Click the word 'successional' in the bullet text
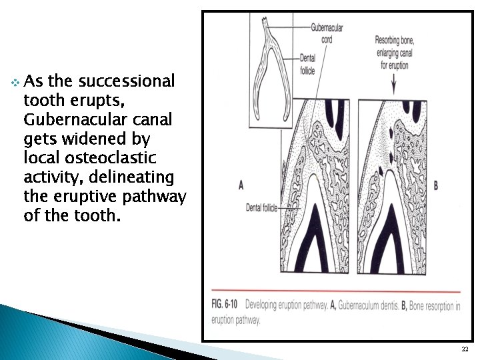[x=126, y=82]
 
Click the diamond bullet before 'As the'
[x=15, y=83]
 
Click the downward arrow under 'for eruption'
[x=393, y=85]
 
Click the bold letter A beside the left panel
[x=240, y=185]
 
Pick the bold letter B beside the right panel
[x=436, y=185]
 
